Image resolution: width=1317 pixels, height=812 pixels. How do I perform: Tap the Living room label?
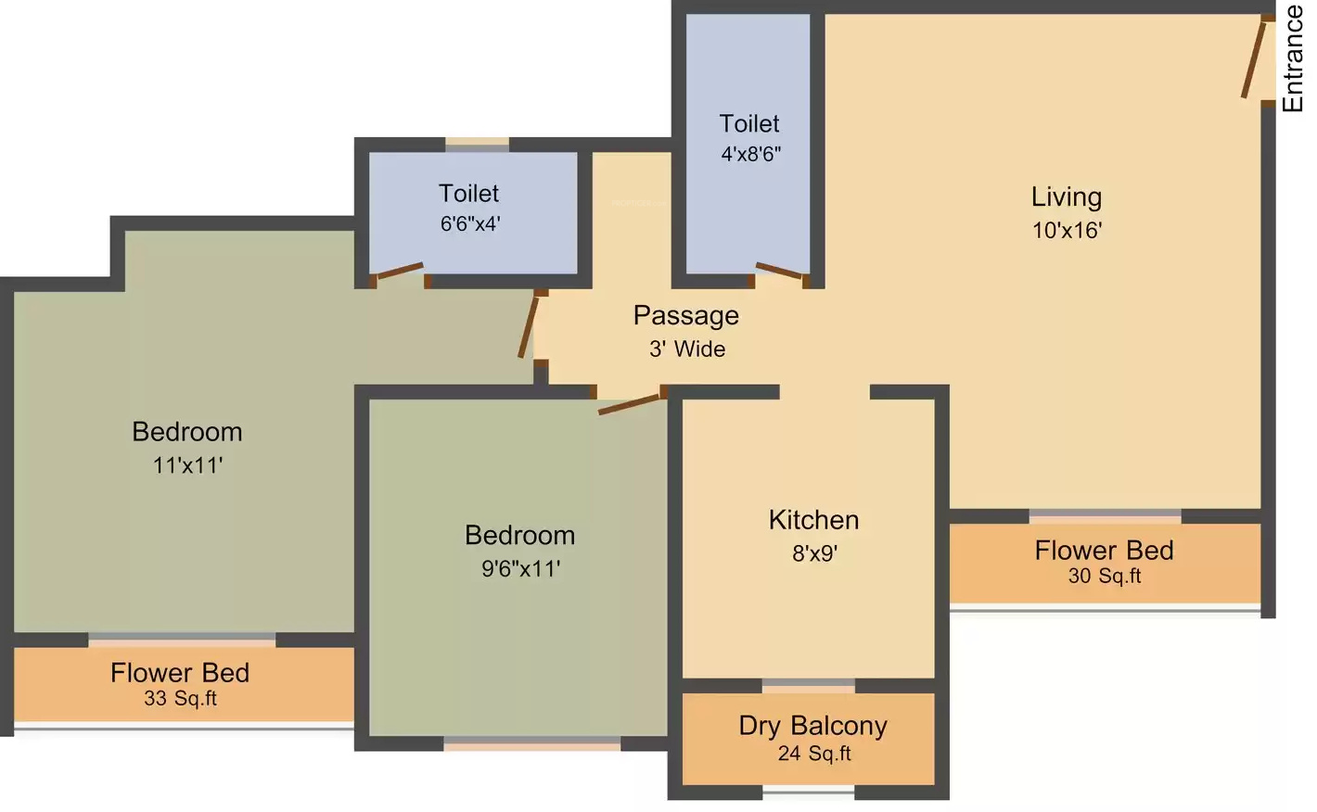point(1067,197)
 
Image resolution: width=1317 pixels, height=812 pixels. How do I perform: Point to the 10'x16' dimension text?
point(1068,230)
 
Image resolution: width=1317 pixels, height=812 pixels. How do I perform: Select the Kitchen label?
point(813,520)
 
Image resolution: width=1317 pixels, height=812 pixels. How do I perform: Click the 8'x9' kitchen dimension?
point(815,553)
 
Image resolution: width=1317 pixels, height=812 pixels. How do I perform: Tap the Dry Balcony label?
point(813,726)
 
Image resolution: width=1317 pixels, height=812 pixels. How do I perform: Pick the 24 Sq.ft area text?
point(814,754)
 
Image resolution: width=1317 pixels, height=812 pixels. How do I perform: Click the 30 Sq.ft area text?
point(1105,576)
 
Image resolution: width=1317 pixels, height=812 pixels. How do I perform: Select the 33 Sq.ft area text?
point(181,699)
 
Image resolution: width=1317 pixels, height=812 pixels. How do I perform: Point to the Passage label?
point(686,316)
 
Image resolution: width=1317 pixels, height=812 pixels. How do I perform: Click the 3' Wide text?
point(687,349)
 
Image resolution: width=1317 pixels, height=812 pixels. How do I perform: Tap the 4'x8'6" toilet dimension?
point(751,154)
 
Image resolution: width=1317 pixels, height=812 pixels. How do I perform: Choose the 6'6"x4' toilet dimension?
point(470,224)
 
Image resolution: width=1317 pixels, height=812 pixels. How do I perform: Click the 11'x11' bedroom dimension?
point(187,466)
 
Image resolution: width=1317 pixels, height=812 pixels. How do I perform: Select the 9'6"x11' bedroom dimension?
point(520,569)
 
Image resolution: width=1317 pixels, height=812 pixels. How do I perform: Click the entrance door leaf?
point(1254,58)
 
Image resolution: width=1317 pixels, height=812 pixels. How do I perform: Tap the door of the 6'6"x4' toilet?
point(399,271)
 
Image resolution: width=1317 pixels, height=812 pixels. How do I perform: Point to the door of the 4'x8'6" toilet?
point(779,271)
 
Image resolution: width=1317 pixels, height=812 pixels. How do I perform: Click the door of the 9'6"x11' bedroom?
point(629,404)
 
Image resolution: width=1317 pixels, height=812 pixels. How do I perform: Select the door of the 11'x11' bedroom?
point(528,326)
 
